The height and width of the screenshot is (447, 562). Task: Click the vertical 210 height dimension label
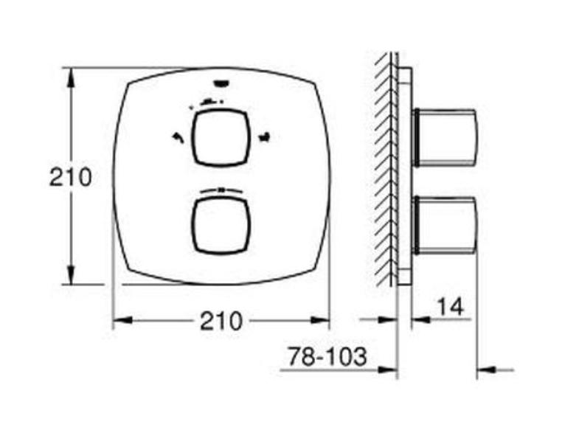point(71,177)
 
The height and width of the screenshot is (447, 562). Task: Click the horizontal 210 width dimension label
point(221,321)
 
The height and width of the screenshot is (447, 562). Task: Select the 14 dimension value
point(451,307)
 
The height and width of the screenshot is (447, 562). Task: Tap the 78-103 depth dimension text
point(327,356)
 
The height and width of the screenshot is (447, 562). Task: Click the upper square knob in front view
point(221,138)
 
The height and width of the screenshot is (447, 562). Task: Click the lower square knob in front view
point(221,226)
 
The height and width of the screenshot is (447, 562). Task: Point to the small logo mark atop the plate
point(221,83)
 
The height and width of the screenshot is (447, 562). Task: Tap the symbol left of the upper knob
point(178,137)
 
